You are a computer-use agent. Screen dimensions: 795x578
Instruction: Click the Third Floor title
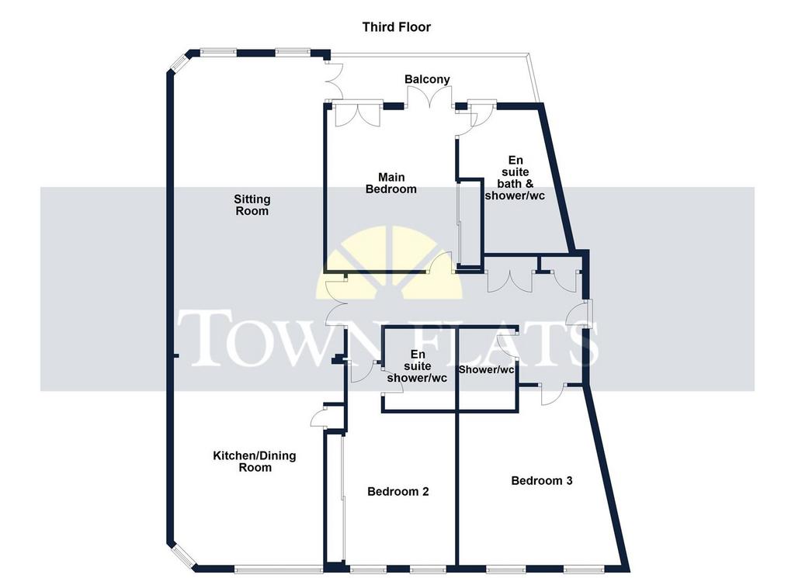click(397, 27)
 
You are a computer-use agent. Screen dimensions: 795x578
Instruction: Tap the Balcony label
click(427, 80)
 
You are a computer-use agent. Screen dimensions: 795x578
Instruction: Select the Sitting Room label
click(252, 205)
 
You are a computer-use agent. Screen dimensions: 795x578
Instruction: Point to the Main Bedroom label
click(391, 183)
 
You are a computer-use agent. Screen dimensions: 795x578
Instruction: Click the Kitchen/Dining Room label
click(255, 462)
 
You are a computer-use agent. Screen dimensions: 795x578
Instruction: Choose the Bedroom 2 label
click(398, 491)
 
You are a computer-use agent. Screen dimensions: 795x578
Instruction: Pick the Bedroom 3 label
click(541, 481)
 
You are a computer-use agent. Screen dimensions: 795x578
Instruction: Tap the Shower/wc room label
click(486, 370)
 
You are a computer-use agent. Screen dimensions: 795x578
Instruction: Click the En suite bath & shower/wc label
click(516, 178)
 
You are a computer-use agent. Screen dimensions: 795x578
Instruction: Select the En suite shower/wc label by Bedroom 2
click(417, 365)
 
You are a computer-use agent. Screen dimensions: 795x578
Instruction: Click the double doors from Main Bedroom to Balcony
click(430, 96)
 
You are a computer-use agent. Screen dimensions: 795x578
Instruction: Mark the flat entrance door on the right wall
click(578, 314)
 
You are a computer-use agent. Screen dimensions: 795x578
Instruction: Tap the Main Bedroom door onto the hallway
click(440, 262)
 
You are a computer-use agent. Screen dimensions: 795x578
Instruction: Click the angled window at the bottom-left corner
click(182, 556)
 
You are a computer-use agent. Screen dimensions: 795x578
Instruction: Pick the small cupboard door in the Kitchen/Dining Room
click(319, 418)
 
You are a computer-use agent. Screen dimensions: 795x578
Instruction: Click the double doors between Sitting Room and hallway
click(334, 303)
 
